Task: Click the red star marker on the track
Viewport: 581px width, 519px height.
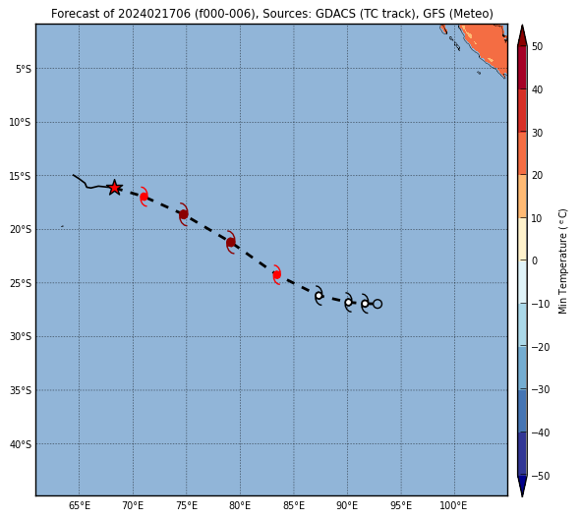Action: point(114,188)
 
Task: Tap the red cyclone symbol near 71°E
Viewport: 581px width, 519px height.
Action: point(144,197)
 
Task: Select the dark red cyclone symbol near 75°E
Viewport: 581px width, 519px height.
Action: point(184,214)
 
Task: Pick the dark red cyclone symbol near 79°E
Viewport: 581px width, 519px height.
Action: point(231,242)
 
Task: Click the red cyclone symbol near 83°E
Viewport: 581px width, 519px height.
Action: point(276,274)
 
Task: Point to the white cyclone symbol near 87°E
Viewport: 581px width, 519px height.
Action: point(319,296)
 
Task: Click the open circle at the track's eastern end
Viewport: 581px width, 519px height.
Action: point(378,304)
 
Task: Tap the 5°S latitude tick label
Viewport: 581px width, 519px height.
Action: point(23,69)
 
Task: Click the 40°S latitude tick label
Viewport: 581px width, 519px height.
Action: point(21,444)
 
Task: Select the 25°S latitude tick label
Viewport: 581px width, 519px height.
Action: point(21,283)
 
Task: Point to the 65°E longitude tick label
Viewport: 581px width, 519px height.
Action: point(80,505)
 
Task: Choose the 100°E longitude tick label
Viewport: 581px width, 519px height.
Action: point(453,505)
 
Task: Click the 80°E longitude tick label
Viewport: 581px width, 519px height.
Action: point(240,505)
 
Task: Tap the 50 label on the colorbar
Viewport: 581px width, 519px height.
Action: point(537,46)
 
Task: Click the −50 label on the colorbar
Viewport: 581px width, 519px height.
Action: point(541,476)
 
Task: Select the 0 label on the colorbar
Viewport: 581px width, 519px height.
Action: point(535,260)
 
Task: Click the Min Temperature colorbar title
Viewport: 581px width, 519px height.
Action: point(562,261)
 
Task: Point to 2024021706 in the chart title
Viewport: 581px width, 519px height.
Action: point(154,14)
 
